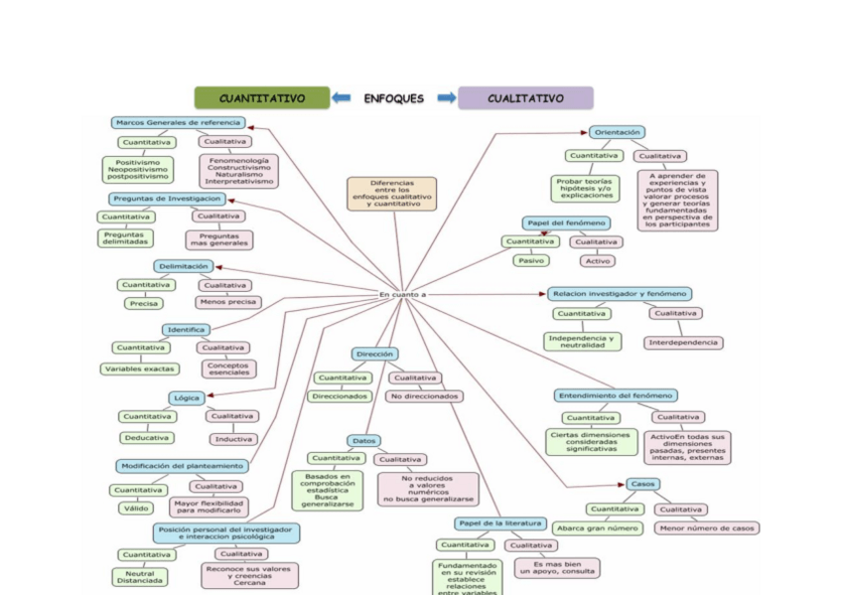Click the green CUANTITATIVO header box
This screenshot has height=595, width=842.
[262, 98]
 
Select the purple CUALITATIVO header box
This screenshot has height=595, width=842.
[525, 98]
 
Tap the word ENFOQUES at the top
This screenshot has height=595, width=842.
[394, 98]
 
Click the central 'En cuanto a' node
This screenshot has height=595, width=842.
[403, 294]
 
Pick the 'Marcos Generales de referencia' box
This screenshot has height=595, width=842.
[179, 123]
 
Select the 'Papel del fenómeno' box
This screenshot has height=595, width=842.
[566, 223]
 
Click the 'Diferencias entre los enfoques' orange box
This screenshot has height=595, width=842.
[392, 194]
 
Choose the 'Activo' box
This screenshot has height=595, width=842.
[598, 260]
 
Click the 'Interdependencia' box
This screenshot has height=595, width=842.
[683, 343]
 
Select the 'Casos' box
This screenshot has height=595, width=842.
[642, 484]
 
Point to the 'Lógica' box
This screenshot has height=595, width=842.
[187, 397]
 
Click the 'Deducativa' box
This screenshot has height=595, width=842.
[147, 437]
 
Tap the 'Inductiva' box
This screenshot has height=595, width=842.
[232, 438]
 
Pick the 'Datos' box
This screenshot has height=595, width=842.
[364, 440]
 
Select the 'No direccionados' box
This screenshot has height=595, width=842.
[425, 396]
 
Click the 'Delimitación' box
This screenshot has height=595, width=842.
[183, 266]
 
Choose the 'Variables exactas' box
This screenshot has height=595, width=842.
[140, 369]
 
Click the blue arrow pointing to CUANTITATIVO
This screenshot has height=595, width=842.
[342, 98]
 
